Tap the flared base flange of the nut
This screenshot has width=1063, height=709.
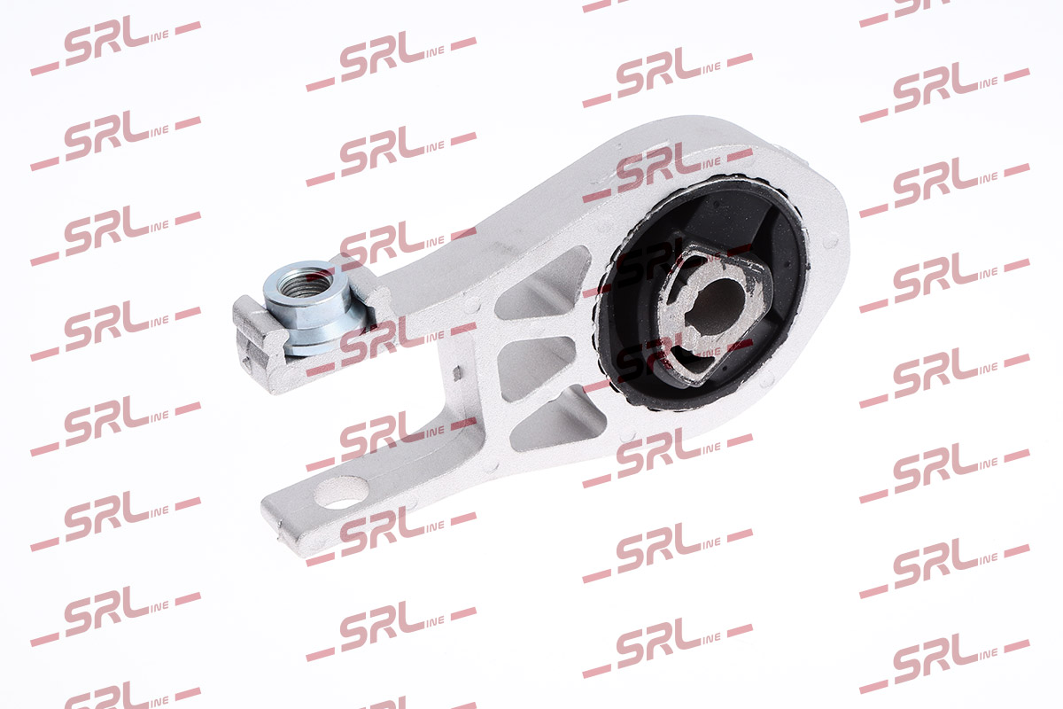click(x=328, y=339)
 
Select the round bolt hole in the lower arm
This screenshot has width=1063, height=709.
click(x=341, y=493)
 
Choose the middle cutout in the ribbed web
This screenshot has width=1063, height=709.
click(x=536, y=367)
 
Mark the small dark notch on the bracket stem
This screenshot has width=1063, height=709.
click(x=457, y=374)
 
